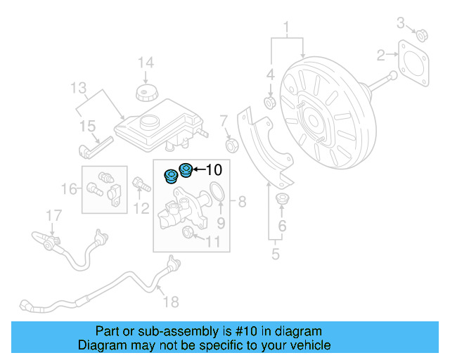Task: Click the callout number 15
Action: tap(86, 127)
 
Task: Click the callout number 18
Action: tap(171, 302)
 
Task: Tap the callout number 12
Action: tap(141, 208)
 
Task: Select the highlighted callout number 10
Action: tap(213, 169)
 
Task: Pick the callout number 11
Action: tap(212, 243)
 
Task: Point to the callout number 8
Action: tap(241, 203)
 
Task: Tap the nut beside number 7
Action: tap(230, 146)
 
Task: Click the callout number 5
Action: tap(275, 254)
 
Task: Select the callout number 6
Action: tap(282, 226)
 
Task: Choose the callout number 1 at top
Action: tap(286, 27)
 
